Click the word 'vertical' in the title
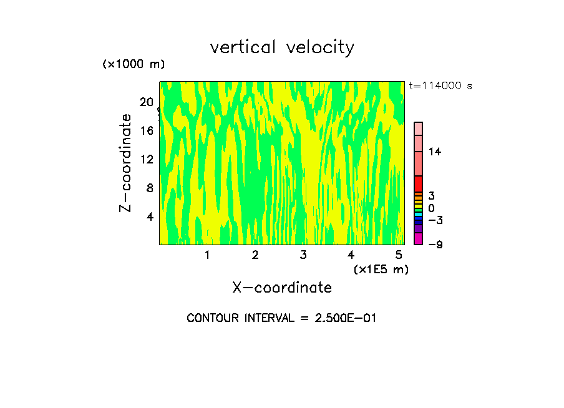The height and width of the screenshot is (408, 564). click(244, 47)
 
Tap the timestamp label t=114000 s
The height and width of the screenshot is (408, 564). click(440, 85)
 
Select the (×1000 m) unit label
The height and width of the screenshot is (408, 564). click(133, 65)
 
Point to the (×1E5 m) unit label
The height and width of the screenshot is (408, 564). click(381, 269)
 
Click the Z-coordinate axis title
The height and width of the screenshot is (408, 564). click(126, 163)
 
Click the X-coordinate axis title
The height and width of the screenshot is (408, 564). click(281, 288)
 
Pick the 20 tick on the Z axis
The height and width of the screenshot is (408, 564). click(147, 102)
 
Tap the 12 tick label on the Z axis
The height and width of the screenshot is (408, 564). click(147, 159)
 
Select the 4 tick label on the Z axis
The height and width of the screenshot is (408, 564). click(150, 216)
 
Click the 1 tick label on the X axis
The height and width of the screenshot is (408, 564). click(207, 255)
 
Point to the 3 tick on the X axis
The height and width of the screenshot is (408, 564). click(303, 255)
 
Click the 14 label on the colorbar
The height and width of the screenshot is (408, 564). click(435, 152)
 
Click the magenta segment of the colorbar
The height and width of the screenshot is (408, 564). click(419, 238)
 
